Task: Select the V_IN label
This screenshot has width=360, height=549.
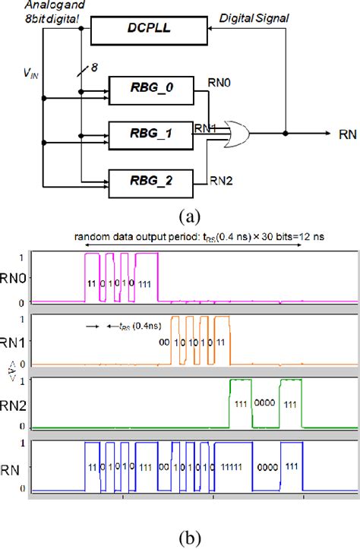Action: coord(30,74)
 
